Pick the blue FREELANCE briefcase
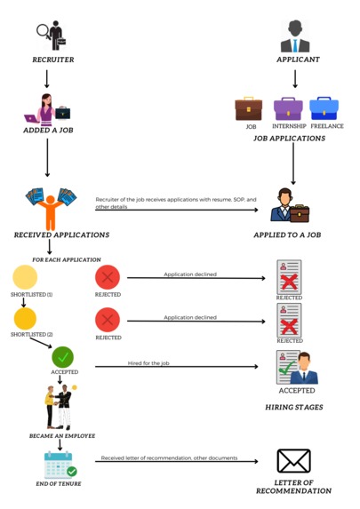click(326, 108)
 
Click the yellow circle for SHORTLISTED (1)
click(24, 277)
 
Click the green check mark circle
click(63, 358)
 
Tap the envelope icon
click(294, 461)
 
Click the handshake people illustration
click(61, 404)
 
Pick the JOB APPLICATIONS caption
click(289, 139)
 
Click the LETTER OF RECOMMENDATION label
click(293, 486)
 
